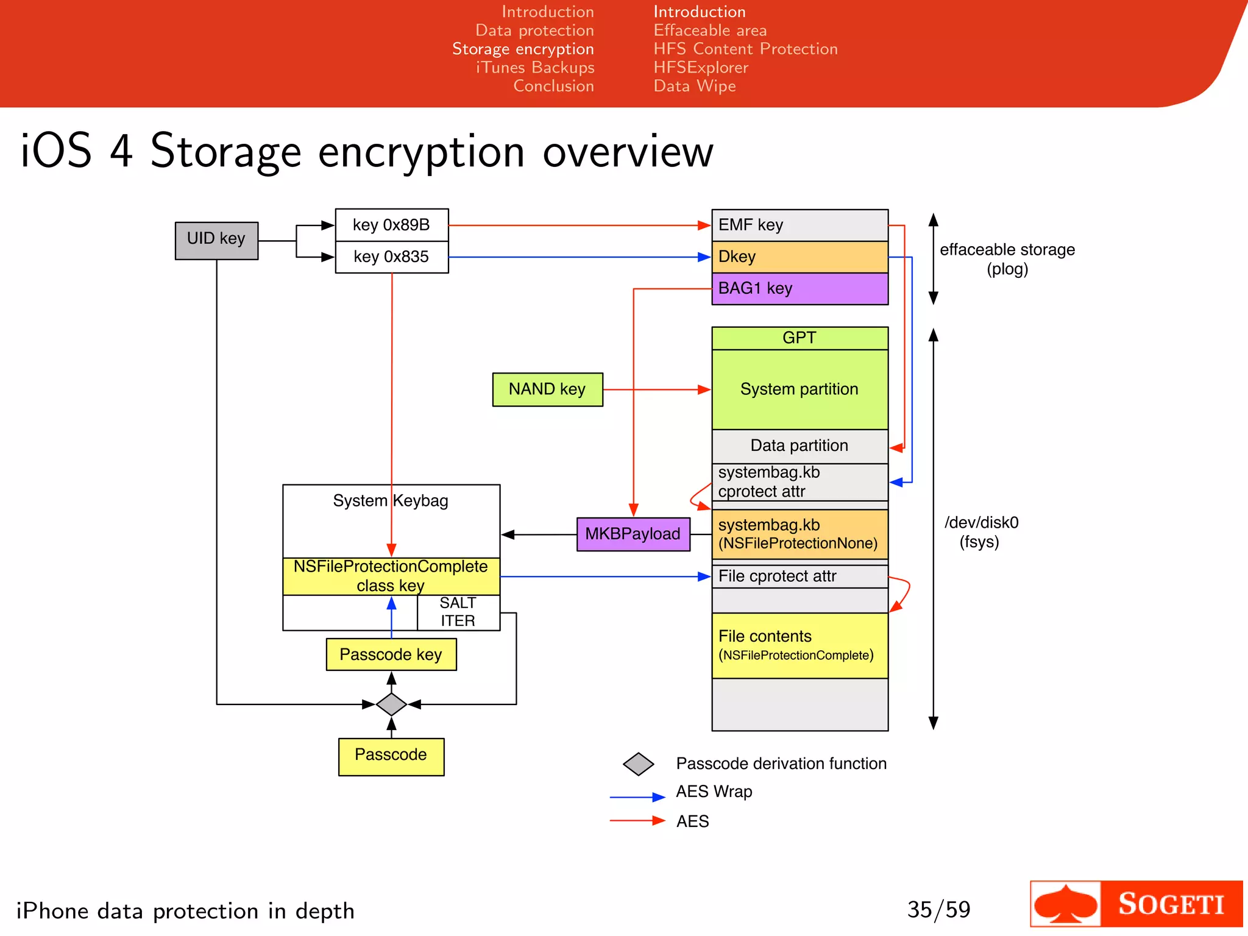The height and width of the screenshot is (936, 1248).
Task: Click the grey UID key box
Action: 216,240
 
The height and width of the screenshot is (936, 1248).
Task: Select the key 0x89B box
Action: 391,225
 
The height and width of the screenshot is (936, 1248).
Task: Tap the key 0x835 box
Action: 391,257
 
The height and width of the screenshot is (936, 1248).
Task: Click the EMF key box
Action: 799,225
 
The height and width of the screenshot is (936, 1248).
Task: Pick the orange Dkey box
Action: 799,257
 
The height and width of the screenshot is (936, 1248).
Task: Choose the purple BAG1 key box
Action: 799,288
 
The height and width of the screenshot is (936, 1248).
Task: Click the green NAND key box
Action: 547,389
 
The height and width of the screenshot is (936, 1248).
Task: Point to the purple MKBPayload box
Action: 633,534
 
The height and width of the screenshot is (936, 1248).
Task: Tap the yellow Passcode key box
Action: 391,654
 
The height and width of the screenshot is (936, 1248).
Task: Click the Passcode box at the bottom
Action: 391,756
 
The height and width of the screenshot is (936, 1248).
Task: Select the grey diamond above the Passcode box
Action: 391,704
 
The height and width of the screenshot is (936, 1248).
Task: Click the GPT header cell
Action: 799,338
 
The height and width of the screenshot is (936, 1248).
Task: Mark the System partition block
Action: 799,389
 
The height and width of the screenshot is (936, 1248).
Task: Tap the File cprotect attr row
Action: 799,576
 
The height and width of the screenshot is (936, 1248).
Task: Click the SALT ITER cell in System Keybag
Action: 458,612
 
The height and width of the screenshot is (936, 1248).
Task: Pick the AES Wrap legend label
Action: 714,792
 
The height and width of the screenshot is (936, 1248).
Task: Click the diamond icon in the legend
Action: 638,764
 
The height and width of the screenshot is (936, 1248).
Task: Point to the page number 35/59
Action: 938,910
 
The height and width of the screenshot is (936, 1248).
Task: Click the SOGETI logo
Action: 1136,904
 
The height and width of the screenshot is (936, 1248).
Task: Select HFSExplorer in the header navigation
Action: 701,68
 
